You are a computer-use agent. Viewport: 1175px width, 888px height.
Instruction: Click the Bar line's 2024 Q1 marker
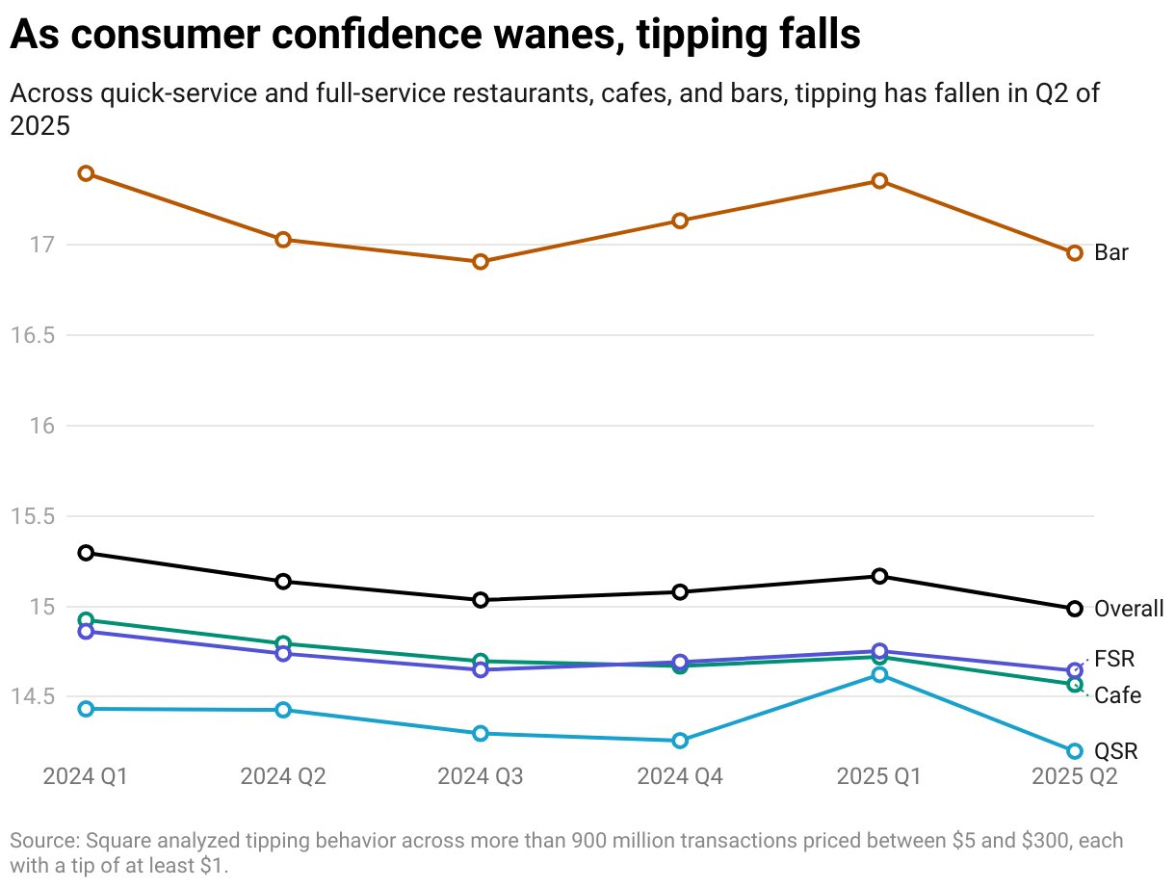point(86,173)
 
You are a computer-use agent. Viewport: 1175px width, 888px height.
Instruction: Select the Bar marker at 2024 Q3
point(481,262)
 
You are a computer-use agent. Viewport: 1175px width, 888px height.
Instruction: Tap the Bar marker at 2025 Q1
point(879,181)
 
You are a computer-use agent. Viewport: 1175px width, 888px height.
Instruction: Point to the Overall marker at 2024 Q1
point(86,553)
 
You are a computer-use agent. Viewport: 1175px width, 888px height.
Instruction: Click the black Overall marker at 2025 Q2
point(1075,609)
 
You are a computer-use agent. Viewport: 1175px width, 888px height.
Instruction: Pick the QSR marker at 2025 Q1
point(879,675)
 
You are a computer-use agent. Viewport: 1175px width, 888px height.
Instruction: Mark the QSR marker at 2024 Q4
point(680,741)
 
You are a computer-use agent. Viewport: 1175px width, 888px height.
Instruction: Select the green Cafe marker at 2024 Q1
point(86,620)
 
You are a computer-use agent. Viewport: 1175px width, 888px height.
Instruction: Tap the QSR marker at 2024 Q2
point(283,710)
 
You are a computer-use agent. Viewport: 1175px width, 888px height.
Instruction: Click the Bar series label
point(1111,253)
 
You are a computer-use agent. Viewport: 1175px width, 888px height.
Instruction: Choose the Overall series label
point(1129,609)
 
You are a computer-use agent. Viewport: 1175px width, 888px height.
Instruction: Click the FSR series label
point(1114,660)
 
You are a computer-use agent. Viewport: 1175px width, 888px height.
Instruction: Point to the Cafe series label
point(1117,695)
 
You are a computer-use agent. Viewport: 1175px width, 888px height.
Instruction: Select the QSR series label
point(1116,751)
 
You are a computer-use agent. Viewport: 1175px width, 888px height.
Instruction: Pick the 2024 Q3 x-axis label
point(481,776)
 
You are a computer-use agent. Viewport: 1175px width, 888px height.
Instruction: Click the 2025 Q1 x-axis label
point(879,776)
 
